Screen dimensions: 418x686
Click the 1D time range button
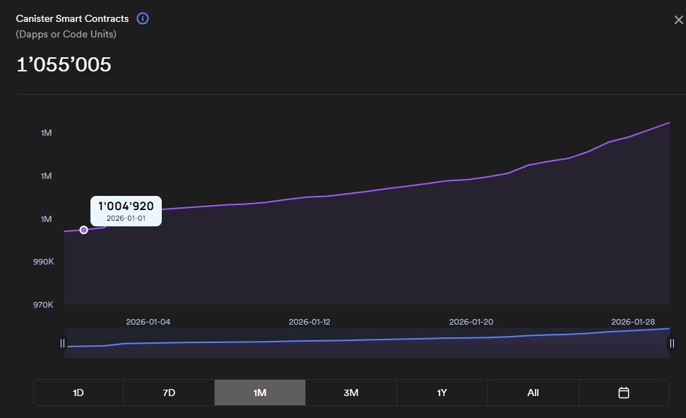point(78,393)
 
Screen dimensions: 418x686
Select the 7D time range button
point(169,393)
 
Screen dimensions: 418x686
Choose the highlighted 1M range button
point(260,393)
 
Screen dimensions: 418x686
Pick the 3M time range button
point(351,393)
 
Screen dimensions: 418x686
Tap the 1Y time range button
point(442,393)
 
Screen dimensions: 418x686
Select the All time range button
point(533,393)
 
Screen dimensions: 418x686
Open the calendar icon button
point(624,393)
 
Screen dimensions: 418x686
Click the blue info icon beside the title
point(143,18)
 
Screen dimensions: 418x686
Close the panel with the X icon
point(678,20)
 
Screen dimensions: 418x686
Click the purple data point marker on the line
point(84,230)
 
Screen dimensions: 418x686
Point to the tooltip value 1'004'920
point(126,206)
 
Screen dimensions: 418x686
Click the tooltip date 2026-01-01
point(126,218)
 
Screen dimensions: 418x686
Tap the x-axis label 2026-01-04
point(148,322)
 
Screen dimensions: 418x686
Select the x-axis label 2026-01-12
point(309,322)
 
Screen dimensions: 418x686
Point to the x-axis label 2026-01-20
point(471,322)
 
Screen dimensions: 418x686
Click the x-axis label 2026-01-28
point(633,322)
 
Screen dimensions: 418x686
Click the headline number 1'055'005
point(64,64)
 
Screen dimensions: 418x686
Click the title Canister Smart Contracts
point(72,18)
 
